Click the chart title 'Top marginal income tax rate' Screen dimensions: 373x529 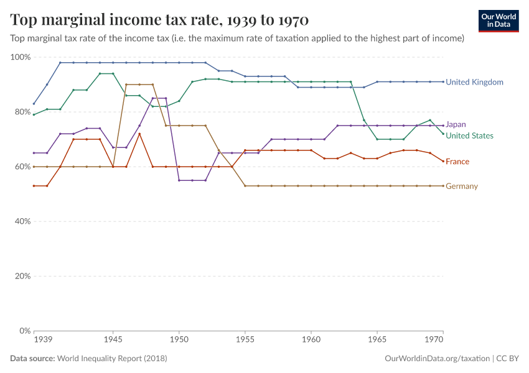pyautogui.click(x=159, y=21)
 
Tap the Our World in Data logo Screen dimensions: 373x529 pyautogui.click(x=499, y=21)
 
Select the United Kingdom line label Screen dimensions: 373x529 pyautogui.click(x=474, y=82)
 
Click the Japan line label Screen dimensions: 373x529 pyautogui.click(x=456, y=124)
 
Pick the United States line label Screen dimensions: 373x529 pyautogui.click(x=469, y=136)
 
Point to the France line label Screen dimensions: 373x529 pyautogui.click(x=457, y=162)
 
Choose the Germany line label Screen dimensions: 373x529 pyautogui.click(x=462, y=186)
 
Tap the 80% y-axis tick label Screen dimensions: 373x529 pyautogui.click(x=22, y=112)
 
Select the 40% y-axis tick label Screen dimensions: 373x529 pyautogui.click(x=22, y=221)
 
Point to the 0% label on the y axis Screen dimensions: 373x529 pyautogui.click(x=24, y=331)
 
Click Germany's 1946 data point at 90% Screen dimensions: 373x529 pyautogui.click(x=126, y=85)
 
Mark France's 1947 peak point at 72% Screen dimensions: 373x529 pyautogui.click(x=139, y=134)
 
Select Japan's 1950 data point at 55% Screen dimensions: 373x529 pyautogui.click(x=179, y=180)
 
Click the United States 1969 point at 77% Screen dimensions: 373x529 pyautogui.click(x=430, y=120)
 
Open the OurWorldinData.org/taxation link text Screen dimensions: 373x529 pyautogui.click(x=438, y=359)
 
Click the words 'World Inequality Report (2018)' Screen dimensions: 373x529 pyautogui.click(x=112, y=359)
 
